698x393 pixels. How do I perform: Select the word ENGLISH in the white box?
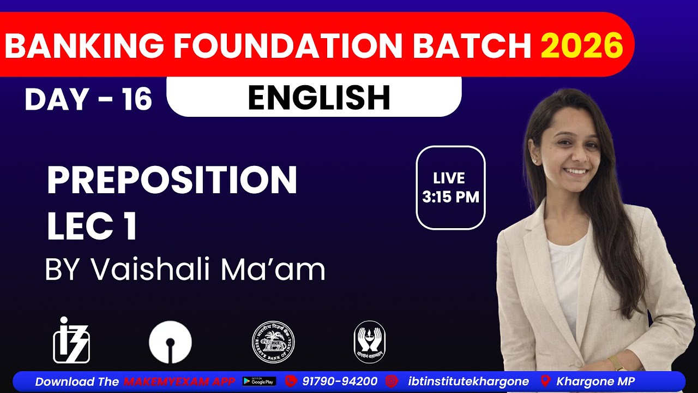[x=319, y=98]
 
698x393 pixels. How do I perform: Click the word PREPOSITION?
[x=172, y=180]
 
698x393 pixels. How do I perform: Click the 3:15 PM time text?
[x=450, y=197]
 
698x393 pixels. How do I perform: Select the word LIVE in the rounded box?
[x=449, y=178]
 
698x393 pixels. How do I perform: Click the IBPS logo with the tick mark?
[x=71, y=341]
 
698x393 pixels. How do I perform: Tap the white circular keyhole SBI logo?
[x=170, y=342]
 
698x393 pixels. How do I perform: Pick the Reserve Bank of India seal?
[x=273, y=342]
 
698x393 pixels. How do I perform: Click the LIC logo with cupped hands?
[x=369, y=342]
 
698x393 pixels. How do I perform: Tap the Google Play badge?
[x=259, y=381]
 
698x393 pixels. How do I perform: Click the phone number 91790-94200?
[x=340, y=381]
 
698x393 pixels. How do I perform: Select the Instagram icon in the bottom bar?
[x=392, y=381]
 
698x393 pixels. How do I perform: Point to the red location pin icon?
[x=545, y=381]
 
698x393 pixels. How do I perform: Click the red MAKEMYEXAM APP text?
[x=179, y=382]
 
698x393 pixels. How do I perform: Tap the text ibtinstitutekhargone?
[x=468, y=381]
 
